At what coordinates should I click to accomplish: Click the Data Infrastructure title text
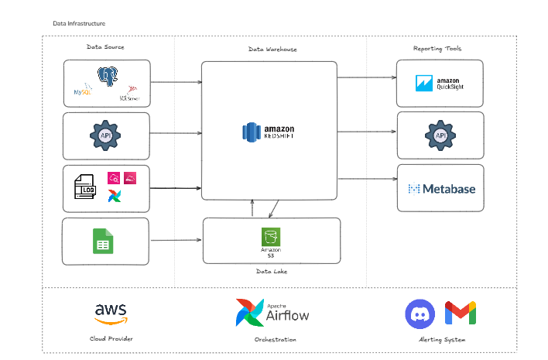tap(79, 24)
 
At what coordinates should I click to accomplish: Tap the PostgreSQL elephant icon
tap(108, 76)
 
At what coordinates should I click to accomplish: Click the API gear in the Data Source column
tap(105, 135)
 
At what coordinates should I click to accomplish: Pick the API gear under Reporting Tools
tap(440, 135)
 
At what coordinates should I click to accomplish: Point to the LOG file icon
tap(86, 188)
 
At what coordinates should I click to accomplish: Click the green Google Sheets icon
tap(104, 241)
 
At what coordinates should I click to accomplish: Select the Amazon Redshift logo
tap(269, 133)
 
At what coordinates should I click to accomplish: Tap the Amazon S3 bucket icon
tap(270, 236)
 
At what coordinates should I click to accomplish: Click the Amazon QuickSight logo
tap(440, 83)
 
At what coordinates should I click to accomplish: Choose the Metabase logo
tap(441, 188)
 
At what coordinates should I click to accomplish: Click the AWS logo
tap(111, 312)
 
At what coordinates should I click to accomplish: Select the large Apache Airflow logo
tap(272, 312)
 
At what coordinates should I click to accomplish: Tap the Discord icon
tap(420, 314)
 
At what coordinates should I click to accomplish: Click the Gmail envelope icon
tap(461, 314)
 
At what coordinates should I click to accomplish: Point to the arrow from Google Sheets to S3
tap(176, 241)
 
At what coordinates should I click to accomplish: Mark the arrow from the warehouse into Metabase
tap(367, 179)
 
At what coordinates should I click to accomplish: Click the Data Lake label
tap(272, 272)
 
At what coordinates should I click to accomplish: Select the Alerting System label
tap(440, 339)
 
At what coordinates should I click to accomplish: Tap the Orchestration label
tap(275, 339)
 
